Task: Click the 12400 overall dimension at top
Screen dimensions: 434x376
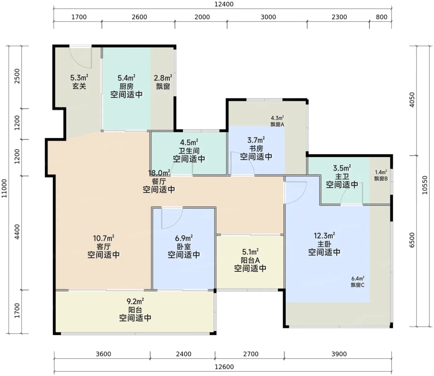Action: point(224,4)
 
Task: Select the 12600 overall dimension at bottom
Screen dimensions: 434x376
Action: point(224,367)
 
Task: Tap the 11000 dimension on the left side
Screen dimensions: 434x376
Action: point(4,188)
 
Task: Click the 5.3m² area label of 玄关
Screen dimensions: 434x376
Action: point(79,78)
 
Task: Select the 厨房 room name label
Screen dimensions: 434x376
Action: point(126,86)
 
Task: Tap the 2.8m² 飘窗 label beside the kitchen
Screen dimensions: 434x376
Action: point(163,82)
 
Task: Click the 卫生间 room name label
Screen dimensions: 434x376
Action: point(189,151)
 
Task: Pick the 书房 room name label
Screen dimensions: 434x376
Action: point(256,149)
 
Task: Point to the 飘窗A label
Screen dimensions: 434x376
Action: point(277,124)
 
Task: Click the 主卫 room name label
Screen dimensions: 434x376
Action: point(342,176)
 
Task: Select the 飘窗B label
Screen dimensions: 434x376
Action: point(381,179)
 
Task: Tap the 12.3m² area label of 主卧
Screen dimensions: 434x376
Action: point(324,236)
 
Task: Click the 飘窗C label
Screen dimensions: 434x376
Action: point(357,285)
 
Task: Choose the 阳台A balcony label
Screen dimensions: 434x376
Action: point(250,260)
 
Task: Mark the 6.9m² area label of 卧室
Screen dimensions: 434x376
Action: point(184,238)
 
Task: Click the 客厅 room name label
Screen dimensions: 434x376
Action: point(104,247)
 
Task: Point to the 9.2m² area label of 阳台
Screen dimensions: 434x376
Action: point(135,301)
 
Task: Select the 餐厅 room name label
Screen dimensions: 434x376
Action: point(159,181)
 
